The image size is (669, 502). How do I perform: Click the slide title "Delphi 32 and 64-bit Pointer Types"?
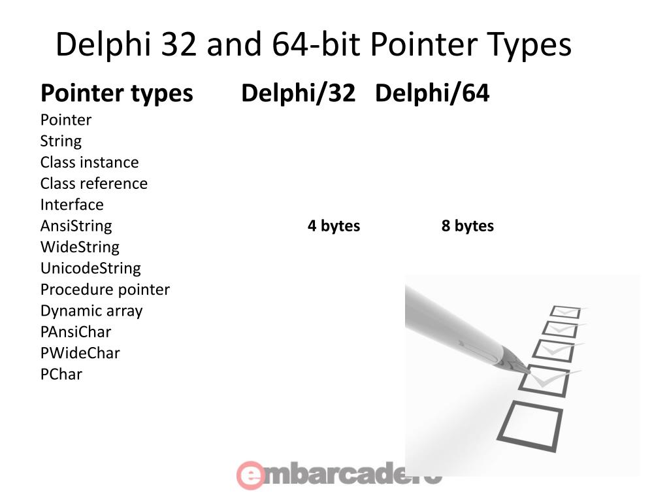coord(314,46)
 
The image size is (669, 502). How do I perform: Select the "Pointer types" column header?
coord(116,93)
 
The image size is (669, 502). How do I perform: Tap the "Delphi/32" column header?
coord(297,93)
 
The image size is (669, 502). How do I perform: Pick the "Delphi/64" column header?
coord(432,93)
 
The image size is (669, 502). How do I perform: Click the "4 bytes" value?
coord(334,226)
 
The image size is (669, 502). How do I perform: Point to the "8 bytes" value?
coord(467,226)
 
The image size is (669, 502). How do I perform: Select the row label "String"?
coord(61,141)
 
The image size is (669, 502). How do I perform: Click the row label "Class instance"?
coord(90,162)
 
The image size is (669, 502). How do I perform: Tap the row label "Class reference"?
coord(93,184)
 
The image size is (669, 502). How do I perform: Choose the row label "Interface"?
coord(72,205)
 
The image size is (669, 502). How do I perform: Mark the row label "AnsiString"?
coord(76,226)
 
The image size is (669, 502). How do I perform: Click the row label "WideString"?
coord(80,247)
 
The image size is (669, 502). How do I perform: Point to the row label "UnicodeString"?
coord(90,268)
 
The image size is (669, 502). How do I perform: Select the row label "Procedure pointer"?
coord(105,290)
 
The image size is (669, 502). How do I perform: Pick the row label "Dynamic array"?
coord(91,310)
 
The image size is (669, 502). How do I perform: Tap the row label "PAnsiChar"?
coord(76,332)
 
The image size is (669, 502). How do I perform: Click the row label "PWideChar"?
coord(80,353)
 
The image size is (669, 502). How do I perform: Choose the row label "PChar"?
coord(61,375)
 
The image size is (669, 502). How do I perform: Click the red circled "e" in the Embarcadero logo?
coord(250,475)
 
